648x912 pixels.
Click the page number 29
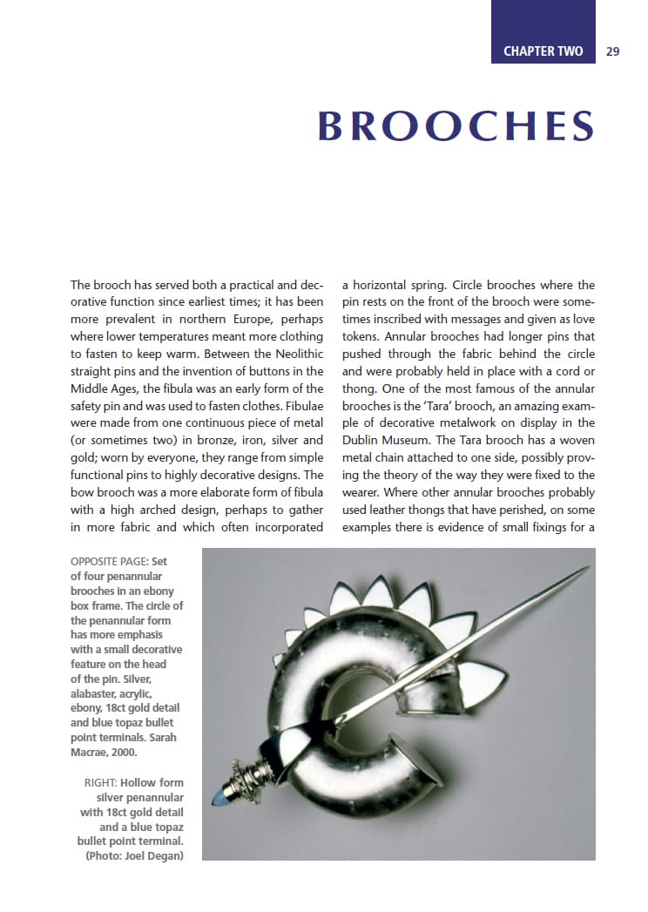click(612, 51)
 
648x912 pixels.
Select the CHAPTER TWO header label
click(543, 51)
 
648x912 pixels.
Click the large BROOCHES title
click(456, 126)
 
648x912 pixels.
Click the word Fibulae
click(300, 405)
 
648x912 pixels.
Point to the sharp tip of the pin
click(589, 570)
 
